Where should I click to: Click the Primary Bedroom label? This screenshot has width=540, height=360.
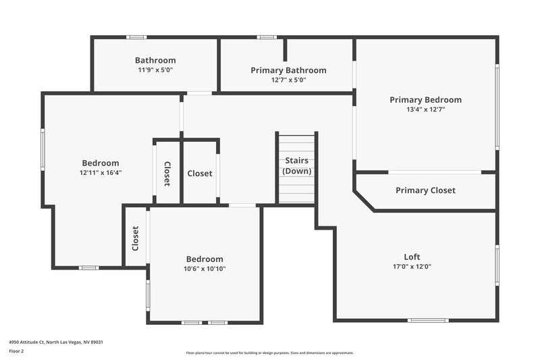pyautogui.click(x=425, y=100)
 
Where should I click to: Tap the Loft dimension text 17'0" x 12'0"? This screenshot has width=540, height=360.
pyautogui.click(x=412, y=267)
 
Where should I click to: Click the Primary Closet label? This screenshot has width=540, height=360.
pyautogui.click(x=425, y=190)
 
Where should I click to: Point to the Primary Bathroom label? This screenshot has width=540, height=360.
pyautogui.click(x=288, y=70)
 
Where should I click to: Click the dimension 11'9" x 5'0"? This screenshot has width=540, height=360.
pyautogui.click(x=155, y=70)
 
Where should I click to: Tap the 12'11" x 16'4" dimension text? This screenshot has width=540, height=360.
pyautogui.click(x=101, y=172)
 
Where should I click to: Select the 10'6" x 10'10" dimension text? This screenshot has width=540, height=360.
pyautogui.click(x=205, y=269)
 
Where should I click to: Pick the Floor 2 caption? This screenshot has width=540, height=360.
pyautogui.click(x=16, y=351)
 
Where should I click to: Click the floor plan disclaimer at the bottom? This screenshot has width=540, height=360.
pyautogui.click(x=269, y=353)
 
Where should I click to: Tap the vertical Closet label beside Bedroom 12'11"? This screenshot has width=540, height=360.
pyautogui.click(x=167, y=173)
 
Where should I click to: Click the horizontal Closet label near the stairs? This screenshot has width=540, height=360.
pyautogui.click(x=199, y=174)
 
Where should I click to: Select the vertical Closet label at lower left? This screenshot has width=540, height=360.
pyautogui.click(x=136, y=238)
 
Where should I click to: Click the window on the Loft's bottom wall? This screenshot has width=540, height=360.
pyautogui.click(x=428, y=320)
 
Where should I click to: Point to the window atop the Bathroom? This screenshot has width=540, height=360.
pyautogui.click(x=136, y=37)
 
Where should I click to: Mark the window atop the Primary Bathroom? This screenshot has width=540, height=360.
pyautogui.click(x=266, y=37)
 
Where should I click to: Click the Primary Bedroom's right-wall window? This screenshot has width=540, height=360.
pyautogui.click(x=497, y=106)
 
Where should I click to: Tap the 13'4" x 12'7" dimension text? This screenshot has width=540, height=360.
pyautogui.click(x=425, y=109)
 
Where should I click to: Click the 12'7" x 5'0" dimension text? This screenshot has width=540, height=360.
pyautogui.click(x=288, y=80)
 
